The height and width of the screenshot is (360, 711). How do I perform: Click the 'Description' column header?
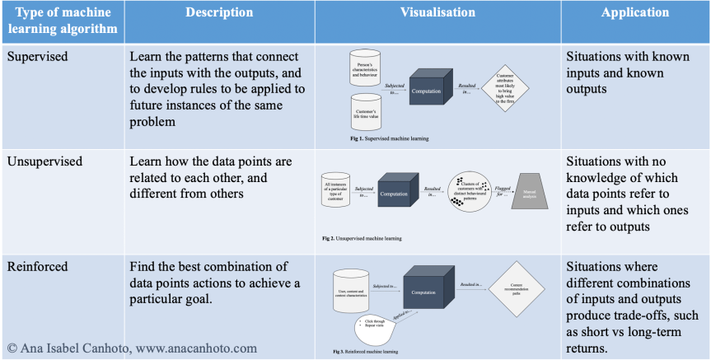(x=219, y=13)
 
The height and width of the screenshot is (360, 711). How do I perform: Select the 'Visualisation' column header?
(x=437, y=13)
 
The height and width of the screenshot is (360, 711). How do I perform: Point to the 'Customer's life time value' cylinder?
(x=364, y=112)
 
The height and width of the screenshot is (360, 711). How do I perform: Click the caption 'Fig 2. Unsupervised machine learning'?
(x=362, y=238)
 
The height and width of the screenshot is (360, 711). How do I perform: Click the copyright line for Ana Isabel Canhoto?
(x=132, y=348)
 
